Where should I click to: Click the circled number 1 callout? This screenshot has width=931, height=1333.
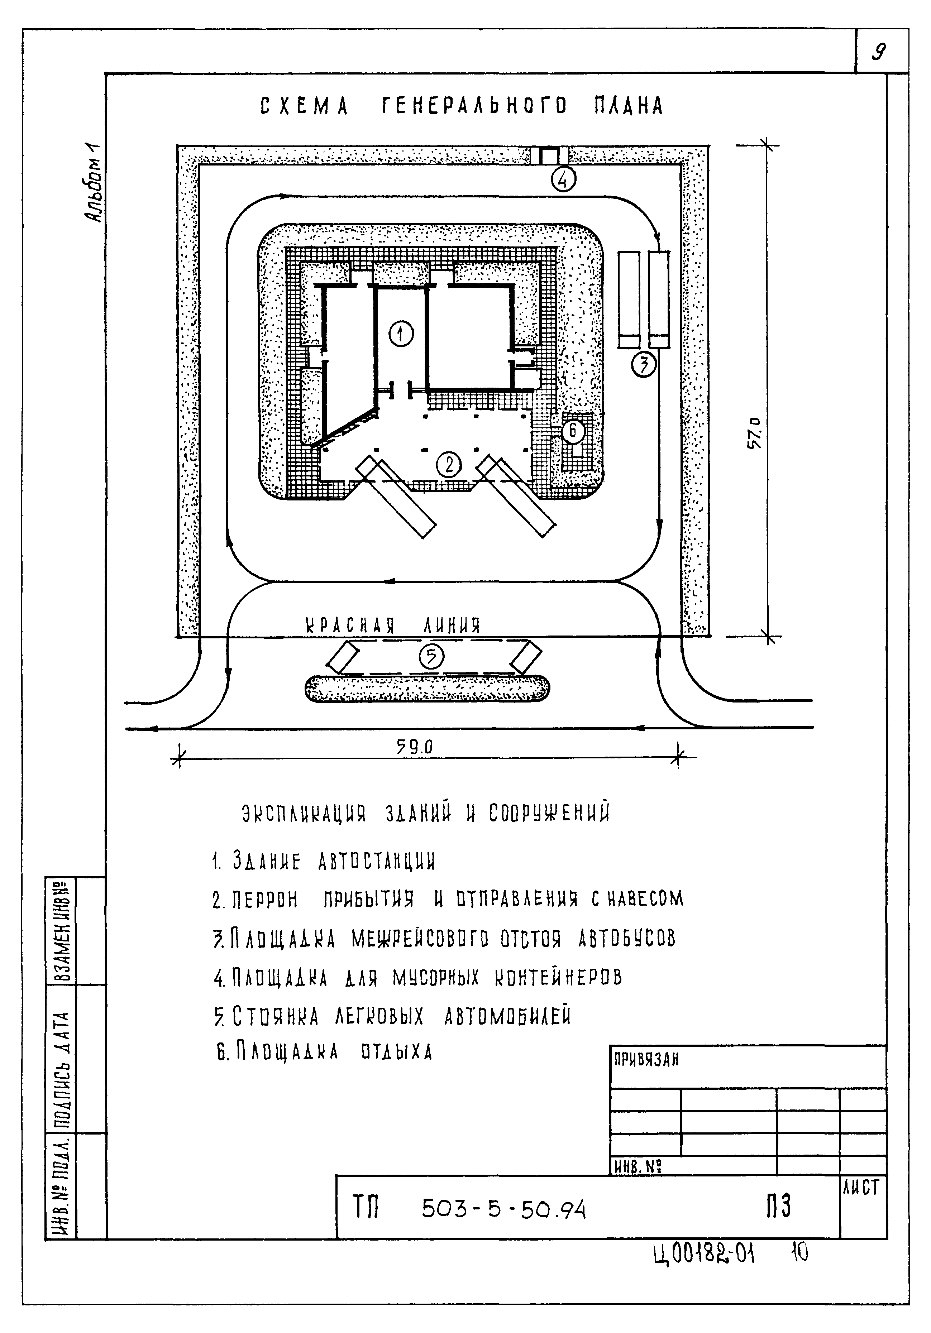(x=401, y=334)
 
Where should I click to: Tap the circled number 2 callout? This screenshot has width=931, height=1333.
(x=448, y=465)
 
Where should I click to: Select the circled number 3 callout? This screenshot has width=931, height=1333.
(x=644, y=365)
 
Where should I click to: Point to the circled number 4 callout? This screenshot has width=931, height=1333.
(x=563, y=179)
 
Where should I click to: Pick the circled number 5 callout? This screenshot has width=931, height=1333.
(x=431, y=656)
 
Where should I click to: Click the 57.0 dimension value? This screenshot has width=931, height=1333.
(x=755, y=434)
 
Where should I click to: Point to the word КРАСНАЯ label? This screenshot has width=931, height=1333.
(x=350, y=625)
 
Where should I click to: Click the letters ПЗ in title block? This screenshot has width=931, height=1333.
(x=778, y=1207)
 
